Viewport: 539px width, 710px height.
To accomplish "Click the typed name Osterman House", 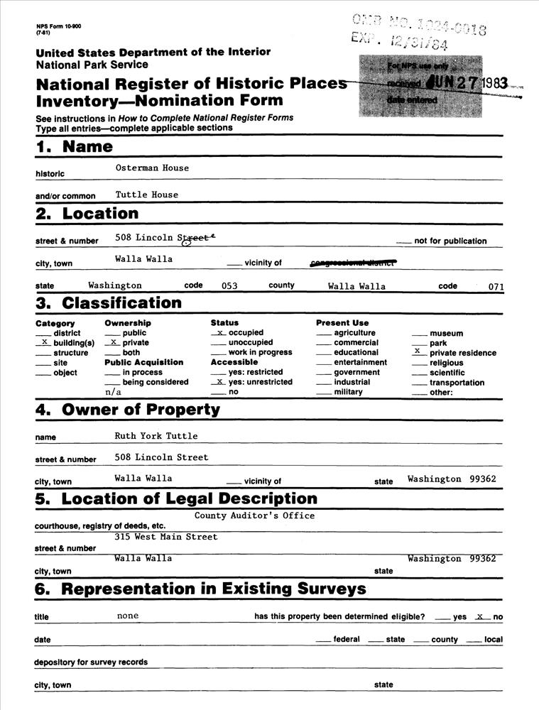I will point(152,168).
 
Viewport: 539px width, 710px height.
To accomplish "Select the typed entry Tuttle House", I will point(147,195).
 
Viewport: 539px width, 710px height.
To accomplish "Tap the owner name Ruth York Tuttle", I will point(156,436).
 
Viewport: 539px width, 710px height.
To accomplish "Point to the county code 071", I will point(496,287).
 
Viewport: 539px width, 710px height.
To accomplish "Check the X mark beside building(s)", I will point(45,342).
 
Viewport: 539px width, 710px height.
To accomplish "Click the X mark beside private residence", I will point(418,351).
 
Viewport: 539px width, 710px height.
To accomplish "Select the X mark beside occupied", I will point(220,332).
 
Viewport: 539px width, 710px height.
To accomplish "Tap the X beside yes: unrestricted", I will point(220,381).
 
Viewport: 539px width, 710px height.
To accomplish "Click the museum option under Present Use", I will point(446,333).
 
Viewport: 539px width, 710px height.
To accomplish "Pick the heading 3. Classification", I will point(109,303).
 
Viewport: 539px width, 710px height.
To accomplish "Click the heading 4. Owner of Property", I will point(128,410).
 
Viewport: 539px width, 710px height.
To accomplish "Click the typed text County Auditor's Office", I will point(254,515).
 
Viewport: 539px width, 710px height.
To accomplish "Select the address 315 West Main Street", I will point(166,537).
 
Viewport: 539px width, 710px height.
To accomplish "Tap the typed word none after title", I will point(128,616).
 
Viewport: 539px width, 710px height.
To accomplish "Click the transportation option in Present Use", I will point(457,383).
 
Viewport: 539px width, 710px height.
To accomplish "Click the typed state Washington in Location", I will point(115,285).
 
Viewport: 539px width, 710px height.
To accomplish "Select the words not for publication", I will point(450,241).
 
